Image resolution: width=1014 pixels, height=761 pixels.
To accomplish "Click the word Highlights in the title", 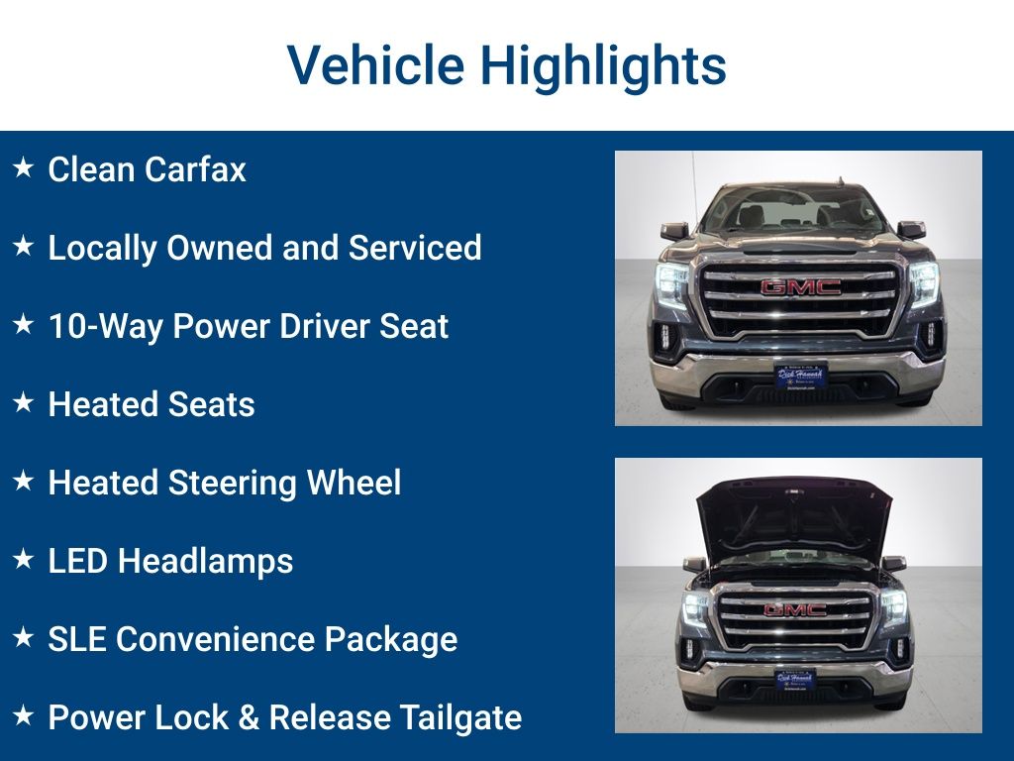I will (603, 65).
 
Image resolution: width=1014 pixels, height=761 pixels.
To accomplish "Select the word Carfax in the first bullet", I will (195, 169).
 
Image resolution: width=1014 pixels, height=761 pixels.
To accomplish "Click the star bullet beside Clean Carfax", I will (23, 167).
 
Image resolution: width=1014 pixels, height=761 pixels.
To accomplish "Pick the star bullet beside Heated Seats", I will (23, 402).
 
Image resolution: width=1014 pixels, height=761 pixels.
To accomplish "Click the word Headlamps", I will (206, 561).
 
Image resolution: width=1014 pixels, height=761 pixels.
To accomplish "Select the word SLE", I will (77, 639).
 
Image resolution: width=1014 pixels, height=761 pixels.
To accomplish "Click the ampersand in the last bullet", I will (249, 716).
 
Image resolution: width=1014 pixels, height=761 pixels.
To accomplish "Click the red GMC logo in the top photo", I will (800, 287).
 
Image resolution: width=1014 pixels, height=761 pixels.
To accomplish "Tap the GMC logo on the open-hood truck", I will (795, 610).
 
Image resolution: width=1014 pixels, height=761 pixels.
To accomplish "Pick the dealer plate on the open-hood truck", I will (795, 679).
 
